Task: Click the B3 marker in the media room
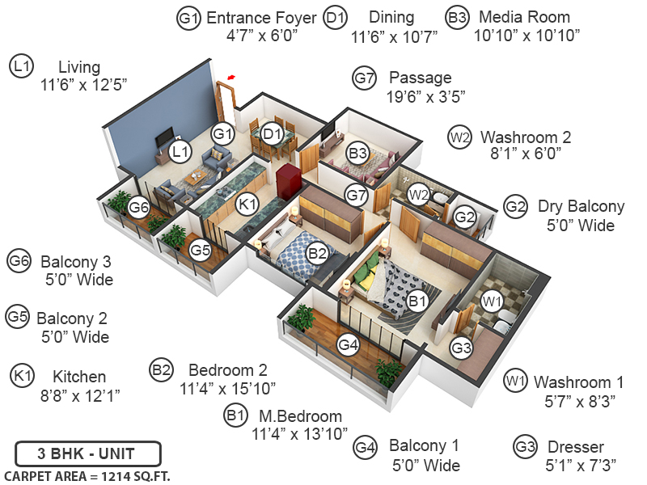click(x=357, y=152)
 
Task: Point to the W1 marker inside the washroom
click(x=492, y=302)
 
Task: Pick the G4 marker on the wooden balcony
click(x=348, y=345)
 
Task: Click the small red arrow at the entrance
click(x=232, y=77)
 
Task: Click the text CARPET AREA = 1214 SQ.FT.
click(x=87, y=475)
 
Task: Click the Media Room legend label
click(x=524, y=17)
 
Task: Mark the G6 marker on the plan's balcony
click(x=139, y=208)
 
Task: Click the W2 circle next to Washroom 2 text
click(x=459, y=137)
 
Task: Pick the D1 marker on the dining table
click(x=273, y=133)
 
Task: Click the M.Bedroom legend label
click(x=300, y=416)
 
